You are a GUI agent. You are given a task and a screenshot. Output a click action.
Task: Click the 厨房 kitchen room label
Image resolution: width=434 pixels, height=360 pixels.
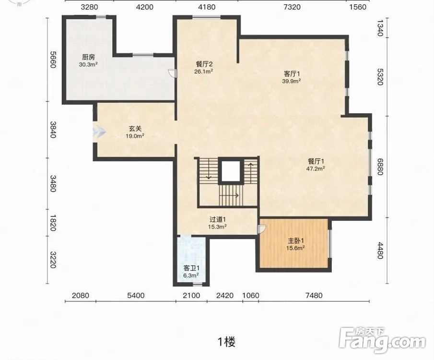[x=89, y=57]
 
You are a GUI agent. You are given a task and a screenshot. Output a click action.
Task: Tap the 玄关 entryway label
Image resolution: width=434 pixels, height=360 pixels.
[x=135, y=129]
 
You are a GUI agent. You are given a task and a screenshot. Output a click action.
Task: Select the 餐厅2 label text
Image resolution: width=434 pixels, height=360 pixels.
[x=204, y=64]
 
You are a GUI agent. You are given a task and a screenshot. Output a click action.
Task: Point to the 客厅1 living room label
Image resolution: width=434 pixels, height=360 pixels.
[x=292, y=74]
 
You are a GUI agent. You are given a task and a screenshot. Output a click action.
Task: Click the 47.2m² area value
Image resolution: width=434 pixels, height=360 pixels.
[x=316, y=168]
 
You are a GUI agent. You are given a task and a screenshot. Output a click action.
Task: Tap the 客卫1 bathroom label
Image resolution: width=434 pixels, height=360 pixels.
[x=191, y=268]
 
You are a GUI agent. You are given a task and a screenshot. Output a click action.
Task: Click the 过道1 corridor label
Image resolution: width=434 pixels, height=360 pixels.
[x=218, y=219]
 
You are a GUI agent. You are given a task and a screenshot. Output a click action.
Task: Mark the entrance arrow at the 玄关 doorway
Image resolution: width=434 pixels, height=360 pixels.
[x=99, y=132]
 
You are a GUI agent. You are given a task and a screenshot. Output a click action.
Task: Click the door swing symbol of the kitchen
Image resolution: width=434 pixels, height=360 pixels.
[x=172, y=73]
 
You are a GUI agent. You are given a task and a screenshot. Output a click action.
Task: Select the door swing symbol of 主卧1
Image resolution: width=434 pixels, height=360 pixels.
[x=261, y=229]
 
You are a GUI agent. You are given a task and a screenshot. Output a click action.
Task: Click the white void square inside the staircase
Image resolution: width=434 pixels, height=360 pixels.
[x=231, y=171]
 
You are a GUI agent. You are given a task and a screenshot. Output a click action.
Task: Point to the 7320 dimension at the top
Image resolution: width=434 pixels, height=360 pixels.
[x=292, y=7]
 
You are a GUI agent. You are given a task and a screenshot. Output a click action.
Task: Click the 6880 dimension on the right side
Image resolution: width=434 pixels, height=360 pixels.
[x=380, y=167]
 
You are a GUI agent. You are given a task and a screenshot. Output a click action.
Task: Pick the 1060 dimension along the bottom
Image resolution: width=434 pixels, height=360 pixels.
[x=251, y=295]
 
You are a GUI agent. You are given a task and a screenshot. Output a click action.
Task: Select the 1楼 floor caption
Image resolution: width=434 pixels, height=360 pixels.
[x=227, y=342]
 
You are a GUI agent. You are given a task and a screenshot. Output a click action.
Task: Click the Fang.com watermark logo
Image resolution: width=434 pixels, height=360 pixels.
[x=382, y=340]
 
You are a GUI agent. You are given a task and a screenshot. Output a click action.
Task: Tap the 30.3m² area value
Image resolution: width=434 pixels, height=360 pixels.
[x=88, y=65]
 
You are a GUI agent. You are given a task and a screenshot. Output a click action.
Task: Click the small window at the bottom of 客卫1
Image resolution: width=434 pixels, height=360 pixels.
[x=198, y=284]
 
